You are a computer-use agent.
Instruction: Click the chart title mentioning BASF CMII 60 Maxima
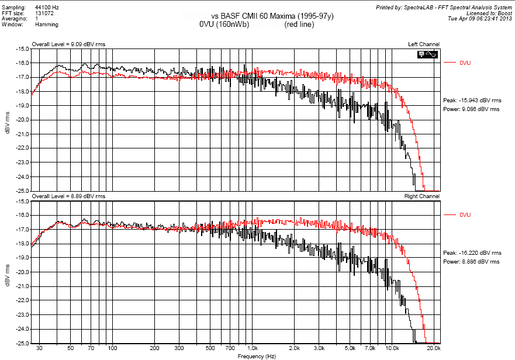pos(272,16)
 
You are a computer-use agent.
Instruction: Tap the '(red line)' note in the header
pos(299,25)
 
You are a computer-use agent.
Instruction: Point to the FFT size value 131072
pos(44,13)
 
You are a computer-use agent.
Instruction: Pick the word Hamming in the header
pos(47,25)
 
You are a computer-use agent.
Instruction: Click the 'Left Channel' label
pos(424,44)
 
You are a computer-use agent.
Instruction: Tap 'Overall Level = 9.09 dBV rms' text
pos(68,44)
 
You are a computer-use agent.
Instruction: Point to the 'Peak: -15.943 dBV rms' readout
pos(471,102)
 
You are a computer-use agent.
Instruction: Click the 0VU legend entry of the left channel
pos(465,63)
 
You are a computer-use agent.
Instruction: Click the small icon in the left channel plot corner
pos(427,54)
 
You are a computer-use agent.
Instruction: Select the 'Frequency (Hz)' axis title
pos(257,356)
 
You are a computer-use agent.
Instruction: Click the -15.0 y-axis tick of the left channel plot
pos(22,49)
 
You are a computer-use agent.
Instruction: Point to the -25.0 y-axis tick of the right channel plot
pos(22,343)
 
